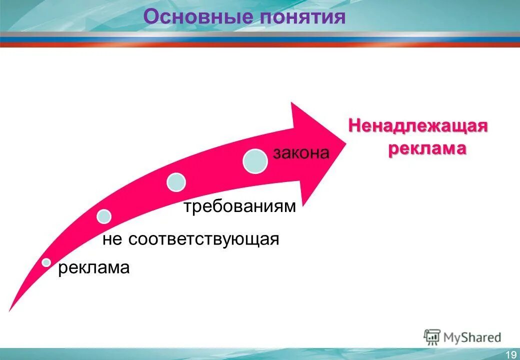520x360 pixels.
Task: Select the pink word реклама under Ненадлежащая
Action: (427, 148)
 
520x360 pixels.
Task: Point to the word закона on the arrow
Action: (301, 153)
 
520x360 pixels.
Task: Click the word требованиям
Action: (239, 206)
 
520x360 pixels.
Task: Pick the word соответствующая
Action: (203, 239)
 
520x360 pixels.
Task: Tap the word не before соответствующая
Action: (112, 239)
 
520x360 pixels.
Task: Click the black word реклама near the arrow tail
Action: (94, 268)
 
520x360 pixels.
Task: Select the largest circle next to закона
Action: (255, 161)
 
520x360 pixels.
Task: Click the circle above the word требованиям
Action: (176, 182)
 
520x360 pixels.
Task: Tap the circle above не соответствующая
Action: (104, 216)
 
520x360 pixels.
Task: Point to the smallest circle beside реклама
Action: (46, 262)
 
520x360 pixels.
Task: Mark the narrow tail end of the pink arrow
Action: (11, 308)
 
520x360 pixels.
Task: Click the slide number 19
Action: (511, 354)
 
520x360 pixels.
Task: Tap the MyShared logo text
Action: (472, 337)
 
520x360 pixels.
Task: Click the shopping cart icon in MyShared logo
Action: (431, 337)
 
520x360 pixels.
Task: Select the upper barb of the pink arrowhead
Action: (293, 104)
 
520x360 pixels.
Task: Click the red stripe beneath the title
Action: (260, 44)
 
